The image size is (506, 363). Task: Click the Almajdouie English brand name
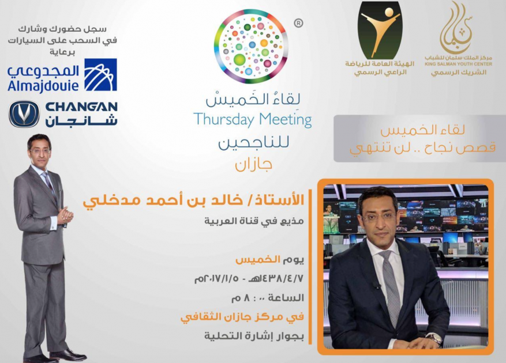tap(43, 85)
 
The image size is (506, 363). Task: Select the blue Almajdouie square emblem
tap(100, 74)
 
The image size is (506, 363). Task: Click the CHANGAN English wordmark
tap(82, 107)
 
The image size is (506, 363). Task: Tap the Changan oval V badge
tap(24, 114)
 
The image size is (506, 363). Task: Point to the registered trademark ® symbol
tap(298, 23)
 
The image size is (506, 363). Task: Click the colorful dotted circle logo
tap(250, 46)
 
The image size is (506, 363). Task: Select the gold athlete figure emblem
tap(380, 30)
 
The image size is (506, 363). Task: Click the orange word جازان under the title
tap(253, 164)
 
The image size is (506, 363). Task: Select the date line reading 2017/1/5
tap(249, 278)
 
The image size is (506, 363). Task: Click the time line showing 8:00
tap(268, 297)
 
